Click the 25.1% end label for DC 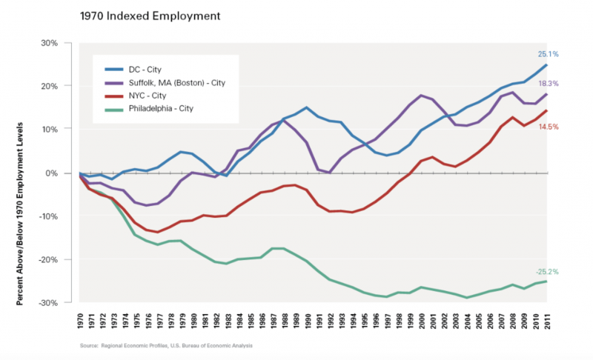[549, 54]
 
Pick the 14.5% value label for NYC [549, 127]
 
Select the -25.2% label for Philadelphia [547, 272]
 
